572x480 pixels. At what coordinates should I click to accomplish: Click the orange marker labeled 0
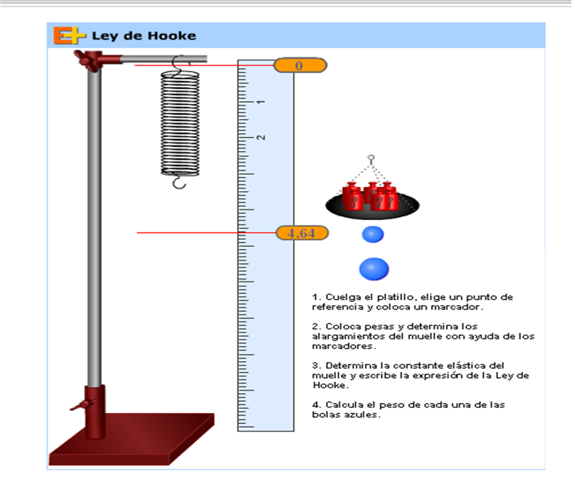[x=300, y=66]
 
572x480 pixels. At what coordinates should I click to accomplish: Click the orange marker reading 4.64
[x=302, y=233]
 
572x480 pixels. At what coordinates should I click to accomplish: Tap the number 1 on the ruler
[x=261, y=102]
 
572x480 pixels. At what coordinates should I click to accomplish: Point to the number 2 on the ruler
[x=261, y=137]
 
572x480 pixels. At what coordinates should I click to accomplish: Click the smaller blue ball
[x=373, y=234]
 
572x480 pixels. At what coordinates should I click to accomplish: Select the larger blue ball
[x=374, y=269]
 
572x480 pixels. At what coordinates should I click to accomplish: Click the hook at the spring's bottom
[x=179, y=182]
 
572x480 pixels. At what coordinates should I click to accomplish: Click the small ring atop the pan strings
[x=371, y=158]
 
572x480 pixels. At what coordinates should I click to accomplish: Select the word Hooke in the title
[x=172, y=36]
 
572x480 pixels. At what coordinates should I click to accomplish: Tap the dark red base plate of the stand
[x=132, y=439]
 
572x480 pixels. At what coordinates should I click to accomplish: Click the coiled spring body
[x=180, y=123]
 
